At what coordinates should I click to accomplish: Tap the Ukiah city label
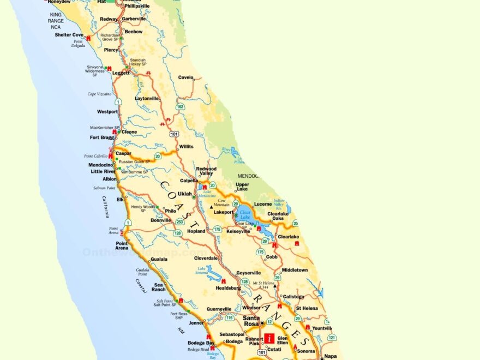185,194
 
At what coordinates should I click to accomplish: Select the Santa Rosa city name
251,321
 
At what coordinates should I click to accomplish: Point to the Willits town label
186,147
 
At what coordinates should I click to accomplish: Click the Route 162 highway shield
180,107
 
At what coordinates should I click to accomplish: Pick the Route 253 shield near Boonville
179,222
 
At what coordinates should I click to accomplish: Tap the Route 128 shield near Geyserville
245,281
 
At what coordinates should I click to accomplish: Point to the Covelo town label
185,77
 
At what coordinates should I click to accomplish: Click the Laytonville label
147,99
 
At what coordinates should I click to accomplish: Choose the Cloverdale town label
206,258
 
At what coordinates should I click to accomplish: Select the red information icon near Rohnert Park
269,338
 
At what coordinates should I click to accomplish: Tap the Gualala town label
159,259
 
